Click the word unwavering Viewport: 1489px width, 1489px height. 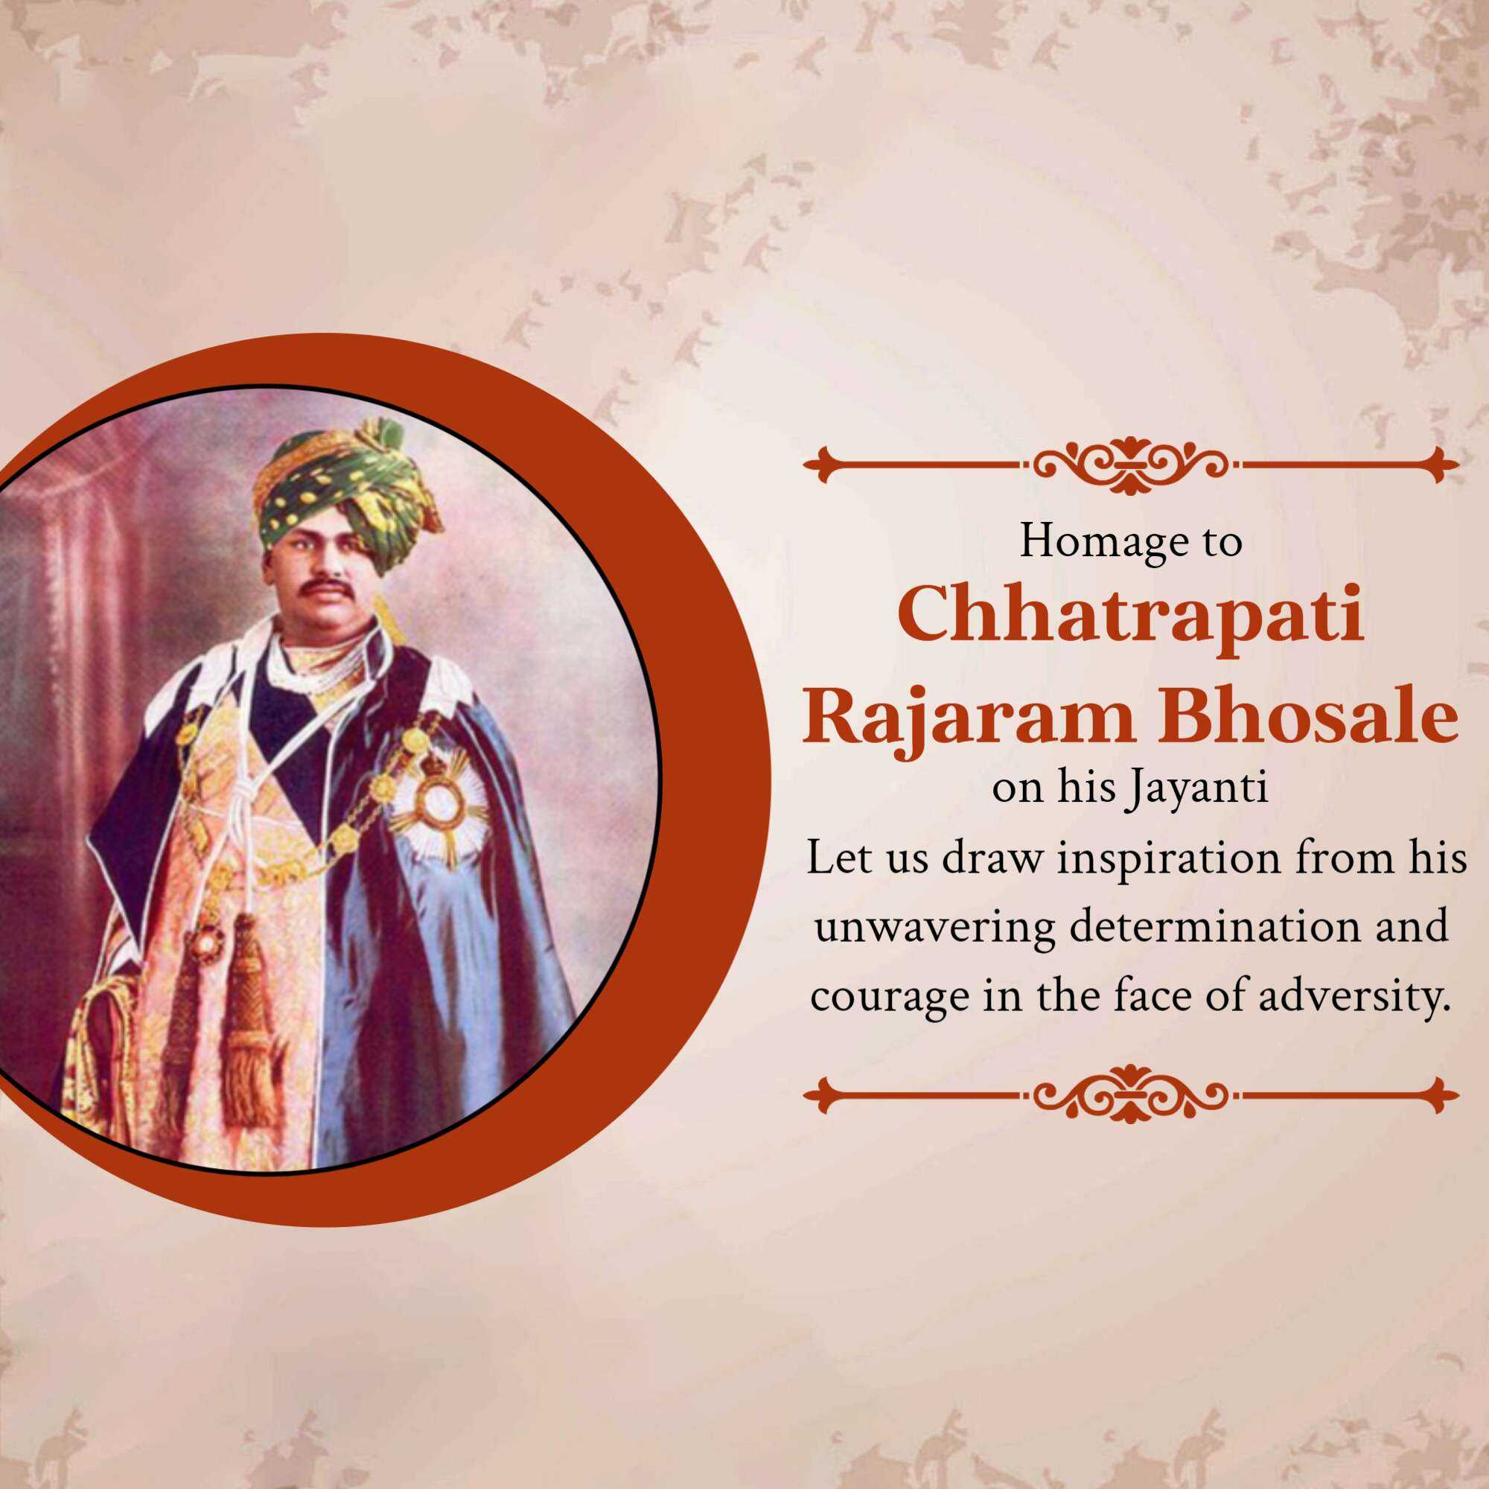tap(935, 927)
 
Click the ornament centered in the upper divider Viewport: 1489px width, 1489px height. tap(1131, 465)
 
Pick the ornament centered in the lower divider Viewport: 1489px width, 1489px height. tap(1131, 1092)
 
